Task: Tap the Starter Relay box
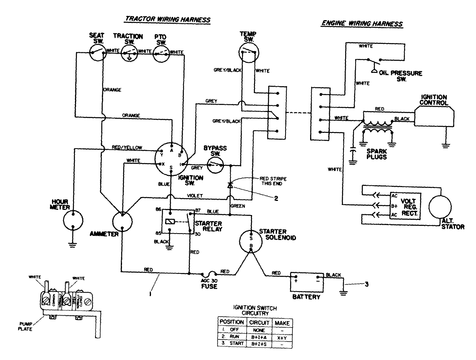(x=177, y=222)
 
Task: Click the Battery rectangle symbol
(x=307, y=281)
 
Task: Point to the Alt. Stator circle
(x=441, y=207)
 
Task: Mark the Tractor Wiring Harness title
(x=168, y=19)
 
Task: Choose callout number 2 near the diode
(x=275, y=198)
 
